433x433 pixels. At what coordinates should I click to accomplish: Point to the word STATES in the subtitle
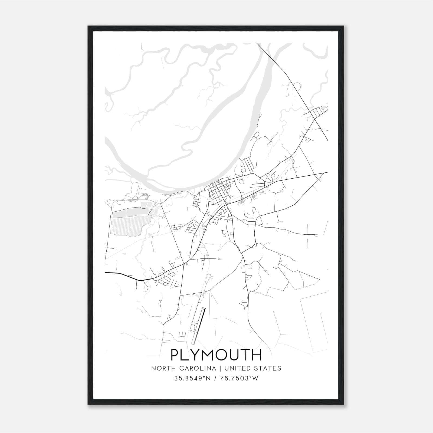click(x=268, y=368)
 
